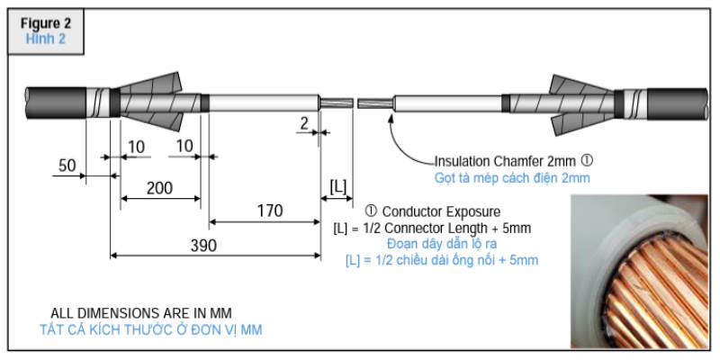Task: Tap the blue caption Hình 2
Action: click(45, 39)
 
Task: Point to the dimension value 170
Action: click(267, 211)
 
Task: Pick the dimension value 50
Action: click(66, 166)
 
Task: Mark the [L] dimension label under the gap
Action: click(338, 186)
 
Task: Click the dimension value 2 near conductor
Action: click(305, 121)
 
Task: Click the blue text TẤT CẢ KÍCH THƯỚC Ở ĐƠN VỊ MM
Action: click(151, 329)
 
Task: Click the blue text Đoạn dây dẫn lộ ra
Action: click(443, 244)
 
